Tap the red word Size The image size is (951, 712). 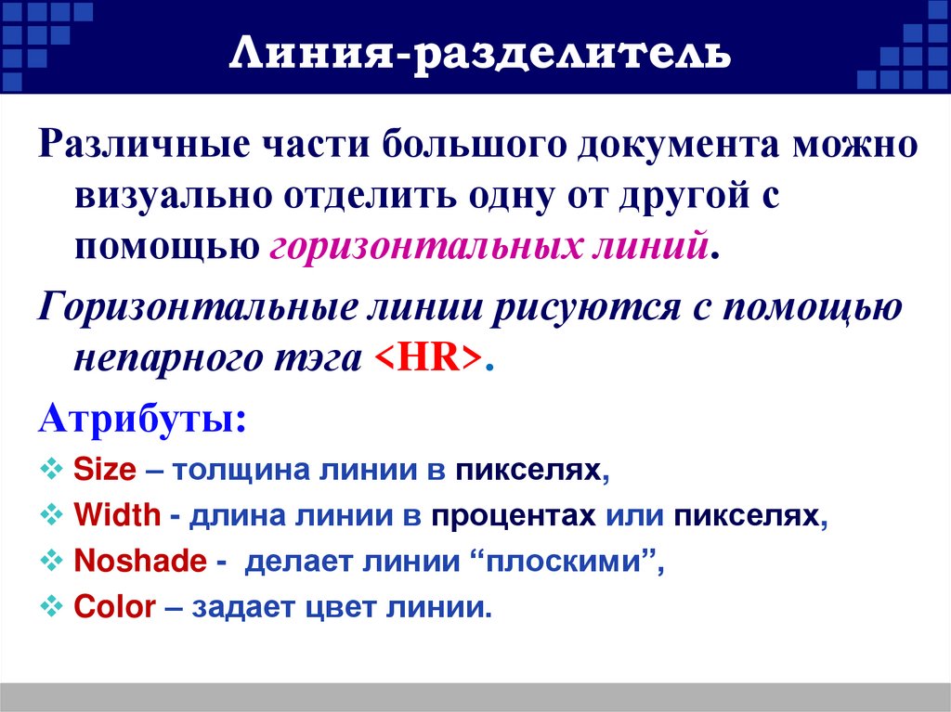tap(104, 471)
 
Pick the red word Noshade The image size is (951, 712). tap(138, 562)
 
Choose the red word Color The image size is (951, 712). tap(114, 608)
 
